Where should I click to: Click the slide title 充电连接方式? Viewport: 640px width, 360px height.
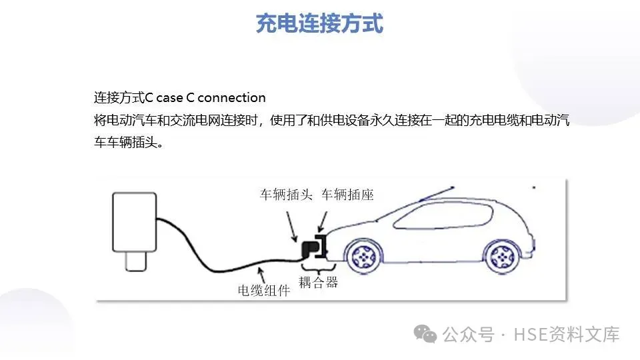(320, 23)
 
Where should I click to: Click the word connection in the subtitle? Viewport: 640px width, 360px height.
(232, 98)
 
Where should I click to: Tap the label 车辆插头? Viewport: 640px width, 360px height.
(286, 195)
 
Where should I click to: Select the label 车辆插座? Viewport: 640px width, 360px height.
(347, 195)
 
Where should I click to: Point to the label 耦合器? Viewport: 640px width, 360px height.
(318, 282)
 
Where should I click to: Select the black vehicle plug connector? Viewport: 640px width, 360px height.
(309, 249)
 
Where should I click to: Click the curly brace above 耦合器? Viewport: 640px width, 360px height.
(317, 267)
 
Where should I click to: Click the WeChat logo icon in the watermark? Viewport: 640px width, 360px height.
(425, 334)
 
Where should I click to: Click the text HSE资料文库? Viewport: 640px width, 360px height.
(567, 334)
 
